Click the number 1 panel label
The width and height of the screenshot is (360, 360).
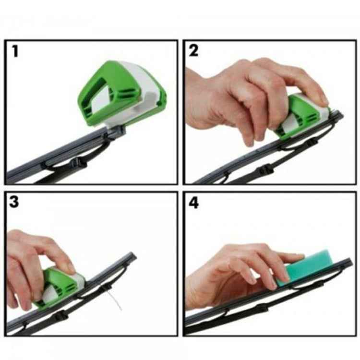[15, 51]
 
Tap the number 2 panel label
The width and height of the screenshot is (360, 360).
[193, 51]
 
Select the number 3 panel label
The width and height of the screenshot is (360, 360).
[14, 202]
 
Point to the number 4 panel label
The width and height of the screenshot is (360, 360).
[194, 202]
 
